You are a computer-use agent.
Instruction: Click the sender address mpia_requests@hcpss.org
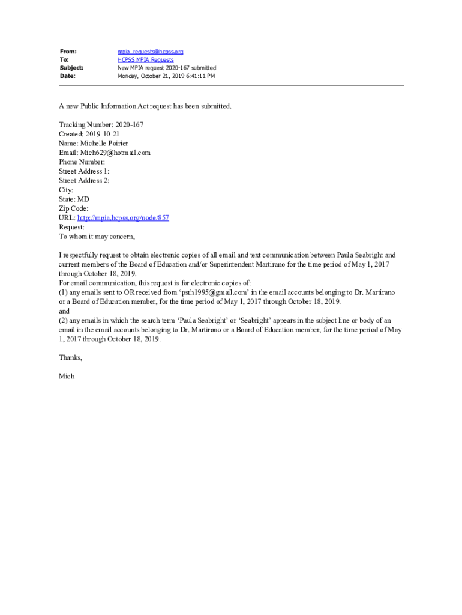(150, 52)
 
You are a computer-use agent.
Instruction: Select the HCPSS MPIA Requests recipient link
(145, 60)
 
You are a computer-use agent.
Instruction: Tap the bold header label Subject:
(71, 68)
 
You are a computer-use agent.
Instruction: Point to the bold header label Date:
(67, 76)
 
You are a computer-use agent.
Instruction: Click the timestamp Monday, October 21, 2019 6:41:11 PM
(166, 76)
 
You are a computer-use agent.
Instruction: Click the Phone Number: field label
(82, 162)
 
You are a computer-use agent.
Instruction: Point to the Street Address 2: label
(84, 180)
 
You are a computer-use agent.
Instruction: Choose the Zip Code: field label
(74, 208)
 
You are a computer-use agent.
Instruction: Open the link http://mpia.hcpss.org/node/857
(123, 217)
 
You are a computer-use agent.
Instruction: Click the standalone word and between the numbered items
(64, 311)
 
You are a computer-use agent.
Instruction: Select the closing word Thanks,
(70, 357)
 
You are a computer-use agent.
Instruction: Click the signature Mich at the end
(66, 376)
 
